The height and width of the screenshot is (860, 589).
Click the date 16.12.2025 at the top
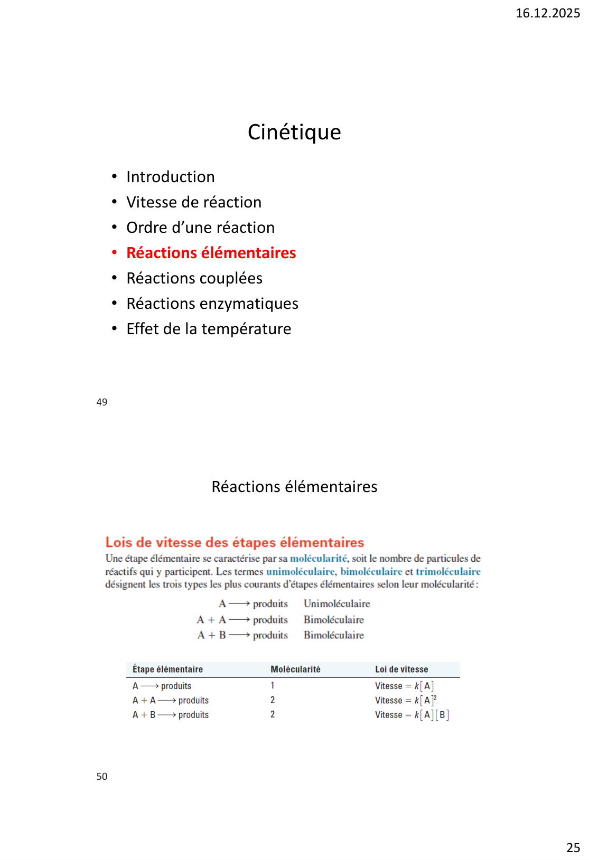[547, 13]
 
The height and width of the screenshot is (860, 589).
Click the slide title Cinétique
[294, 132]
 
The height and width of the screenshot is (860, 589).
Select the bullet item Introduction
[170, 177]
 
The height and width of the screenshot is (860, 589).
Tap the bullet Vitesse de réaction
[193, 202]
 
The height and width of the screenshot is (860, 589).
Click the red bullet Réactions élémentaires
[211, 253]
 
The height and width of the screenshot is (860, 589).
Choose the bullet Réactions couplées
[194, 278]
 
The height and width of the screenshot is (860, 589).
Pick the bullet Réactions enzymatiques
[212, 304]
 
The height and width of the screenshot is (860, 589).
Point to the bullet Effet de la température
[208, 329]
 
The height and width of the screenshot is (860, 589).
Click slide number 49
[102, 402]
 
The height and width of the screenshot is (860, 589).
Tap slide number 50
[102, 777]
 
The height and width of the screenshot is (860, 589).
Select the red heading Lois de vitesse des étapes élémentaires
[235, 543]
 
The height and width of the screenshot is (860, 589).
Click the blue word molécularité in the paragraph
[319, 559]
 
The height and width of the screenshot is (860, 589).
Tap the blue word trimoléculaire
[448, 572]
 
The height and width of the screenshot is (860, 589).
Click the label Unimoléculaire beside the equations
[336, 603]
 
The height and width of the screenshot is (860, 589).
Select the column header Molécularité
[295, 669]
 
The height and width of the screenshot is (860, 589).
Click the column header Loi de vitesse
[401, 669]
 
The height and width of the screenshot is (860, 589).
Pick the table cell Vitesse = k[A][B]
[412, 715]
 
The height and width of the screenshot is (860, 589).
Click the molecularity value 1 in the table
[273, 686]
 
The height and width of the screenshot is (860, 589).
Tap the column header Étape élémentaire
[167, 669]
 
